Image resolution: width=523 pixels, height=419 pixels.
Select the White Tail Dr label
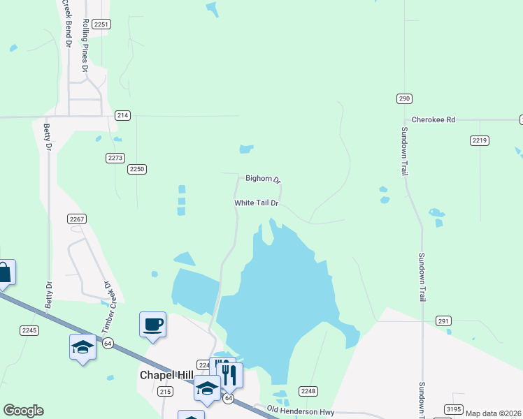click(x=257, y=203)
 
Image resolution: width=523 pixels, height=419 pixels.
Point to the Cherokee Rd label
click(x=434, y=120)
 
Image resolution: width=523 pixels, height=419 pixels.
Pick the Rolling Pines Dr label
click(x=85, y=46)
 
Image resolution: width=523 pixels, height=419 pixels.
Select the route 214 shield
click(x=122, y=115)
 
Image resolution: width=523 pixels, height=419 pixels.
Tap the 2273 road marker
click(x=115, y=158)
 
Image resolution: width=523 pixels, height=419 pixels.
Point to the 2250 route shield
click(x=137, y=169)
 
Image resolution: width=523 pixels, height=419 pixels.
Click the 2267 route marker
click(x=77, y=219)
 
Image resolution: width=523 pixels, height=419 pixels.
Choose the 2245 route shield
click(x=29, y=330)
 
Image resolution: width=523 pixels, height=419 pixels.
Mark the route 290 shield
click(x=404, y=98)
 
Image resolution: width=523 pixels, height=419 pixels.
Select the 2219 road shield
click(x=479, y=140)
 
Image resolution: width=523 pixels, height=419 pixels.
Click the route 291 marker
click(x=443, y=321)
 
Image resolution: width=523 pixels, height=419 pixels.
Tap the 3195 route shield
click(x=452, y=409)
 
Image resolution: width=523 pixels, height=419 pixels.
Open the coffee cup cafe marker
click(x=153, y=325)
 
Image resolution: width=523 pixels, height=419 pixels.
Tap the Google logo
click(x=23, y=411)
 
